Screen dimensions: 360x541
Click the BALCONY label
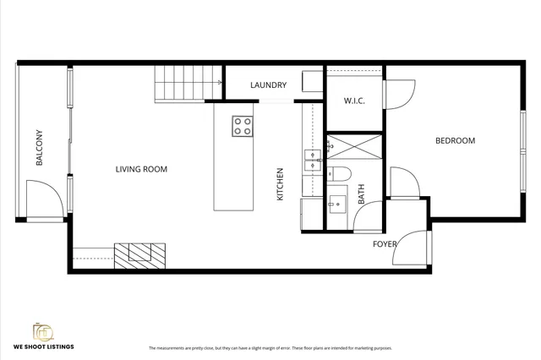click(40, 147)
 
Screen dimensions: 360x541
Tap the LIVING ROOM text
click(141, 169)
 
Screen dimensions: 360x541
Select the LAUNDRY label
click(268, 85)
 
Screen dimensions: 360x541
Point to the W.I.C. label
click(354, 101)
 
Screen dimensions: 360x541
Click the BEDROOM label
click(455, 141)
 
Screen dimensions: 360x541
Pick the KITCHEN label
click(280, 183)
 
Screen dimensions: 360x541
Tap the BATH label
click(361, 195)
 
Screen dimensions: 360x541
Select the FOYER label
click(385, 244)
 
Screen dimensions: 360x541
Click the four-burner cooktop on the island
click(243, 126)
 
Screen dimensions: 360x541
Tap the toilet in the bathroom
click(341, 173)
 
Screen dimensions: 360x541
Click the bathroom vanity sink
click(336, 202)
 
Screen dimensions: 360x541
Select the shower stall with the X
click(354, 148)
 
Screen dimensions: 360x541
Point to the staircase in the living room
click(179, 85)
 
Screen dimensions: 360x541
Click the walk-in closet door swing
click(400, 94)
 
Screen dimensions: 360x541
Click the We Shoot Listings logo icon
click(42, 331)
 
